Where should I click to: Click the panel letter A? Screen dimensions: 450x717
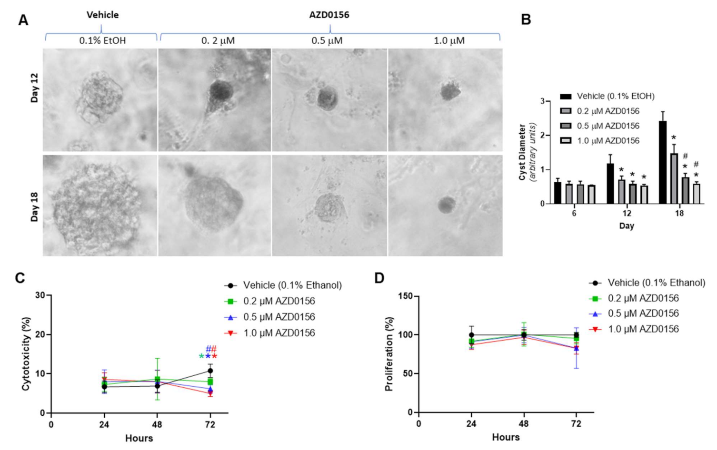[x=23, y=20]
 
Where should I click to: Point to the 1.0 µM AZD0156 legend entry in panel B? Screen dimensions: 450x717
[x=608, y=140]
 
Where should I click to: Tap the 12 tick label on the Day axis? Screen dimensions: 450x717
[x=627, y=213]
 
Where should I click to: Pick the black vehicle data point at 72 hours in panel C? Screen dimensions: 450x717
[x=210, y=371]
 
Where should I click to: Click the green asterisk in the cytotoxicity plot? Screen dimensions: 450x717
[x=201, y=357]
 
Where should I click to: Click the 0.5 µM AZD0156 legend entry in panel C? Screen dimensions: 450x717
[x=279, y=317]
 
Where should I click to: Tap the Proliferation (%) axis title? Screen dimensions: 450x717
[x=389, y=354]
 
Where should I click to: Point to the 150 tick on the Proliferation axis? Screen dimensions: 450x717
[x=406, y=296]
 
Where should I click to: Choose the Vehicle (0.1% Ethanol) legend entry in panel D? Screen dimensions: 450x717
[x=656, y=283]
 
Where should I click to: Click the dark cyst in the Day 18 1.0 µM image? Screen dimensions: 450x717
[x=446, y=205]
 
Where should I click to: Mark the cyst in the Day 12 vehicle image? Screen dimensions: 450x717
[x=100, y=97]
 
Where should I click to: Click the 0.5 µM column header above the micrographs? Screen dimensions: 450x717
[x=327, y=40]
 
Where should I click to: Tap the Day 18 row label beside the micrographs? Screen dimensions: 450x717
[x=35, y=206]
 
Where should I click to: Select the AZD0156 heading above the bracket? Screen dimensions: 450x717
[x=329, y=15]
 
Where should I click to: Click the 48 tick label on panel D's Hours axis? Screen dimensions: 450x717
[x=524, y=423]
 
